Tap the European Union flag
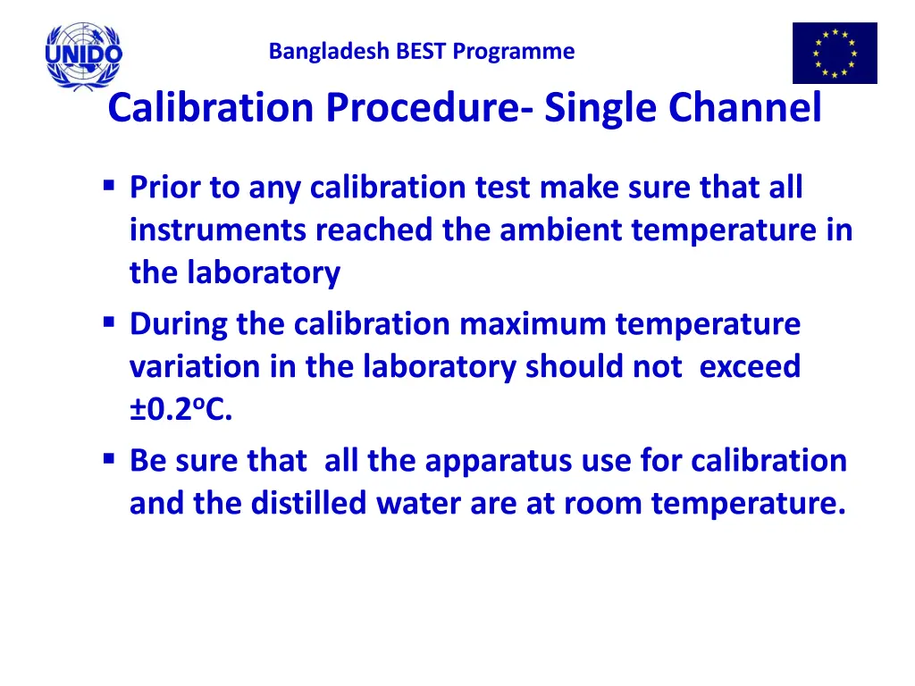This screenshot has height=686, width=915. [835, 54]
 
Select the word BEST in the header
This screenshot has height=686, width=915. [422, 52]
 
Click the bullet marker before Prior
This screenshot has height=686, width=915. [109, 187]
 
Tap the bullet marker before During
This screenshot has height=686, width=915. [109, 322]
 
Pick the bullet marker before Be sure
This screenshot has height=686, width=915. [109, 459]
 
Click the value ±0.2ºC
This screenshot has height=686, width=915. [180, 411]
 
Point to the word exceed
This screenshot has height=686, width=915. [751, 366]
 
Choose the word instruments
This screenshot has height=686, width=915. [218, 230]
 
